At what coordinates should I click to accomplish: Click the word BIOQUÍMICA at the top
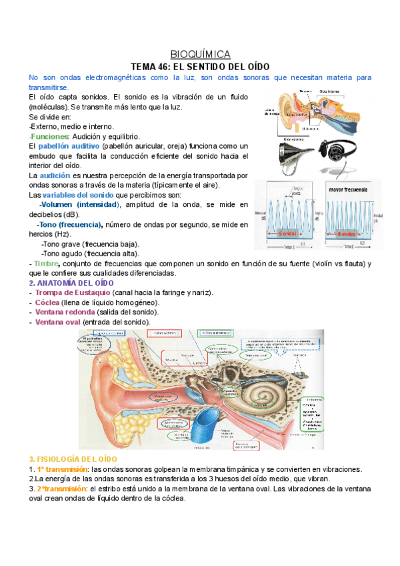(x=200, y=54)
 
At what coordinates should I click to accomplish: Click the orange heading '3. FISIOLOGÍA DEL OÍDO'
(x=73, y=459)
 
